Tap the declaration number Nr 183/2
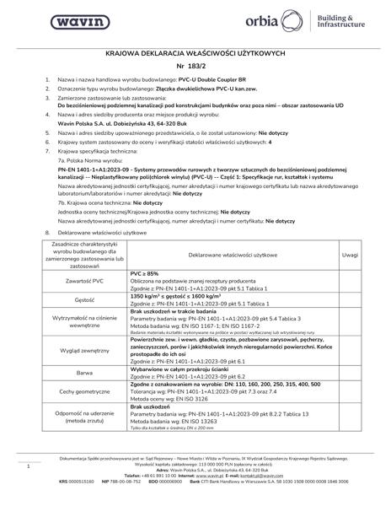[195, 65]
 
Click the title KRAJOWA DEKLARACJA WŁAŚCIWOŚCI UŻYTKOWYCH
[195, 51]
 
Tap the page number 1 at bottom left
[29, 465]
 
